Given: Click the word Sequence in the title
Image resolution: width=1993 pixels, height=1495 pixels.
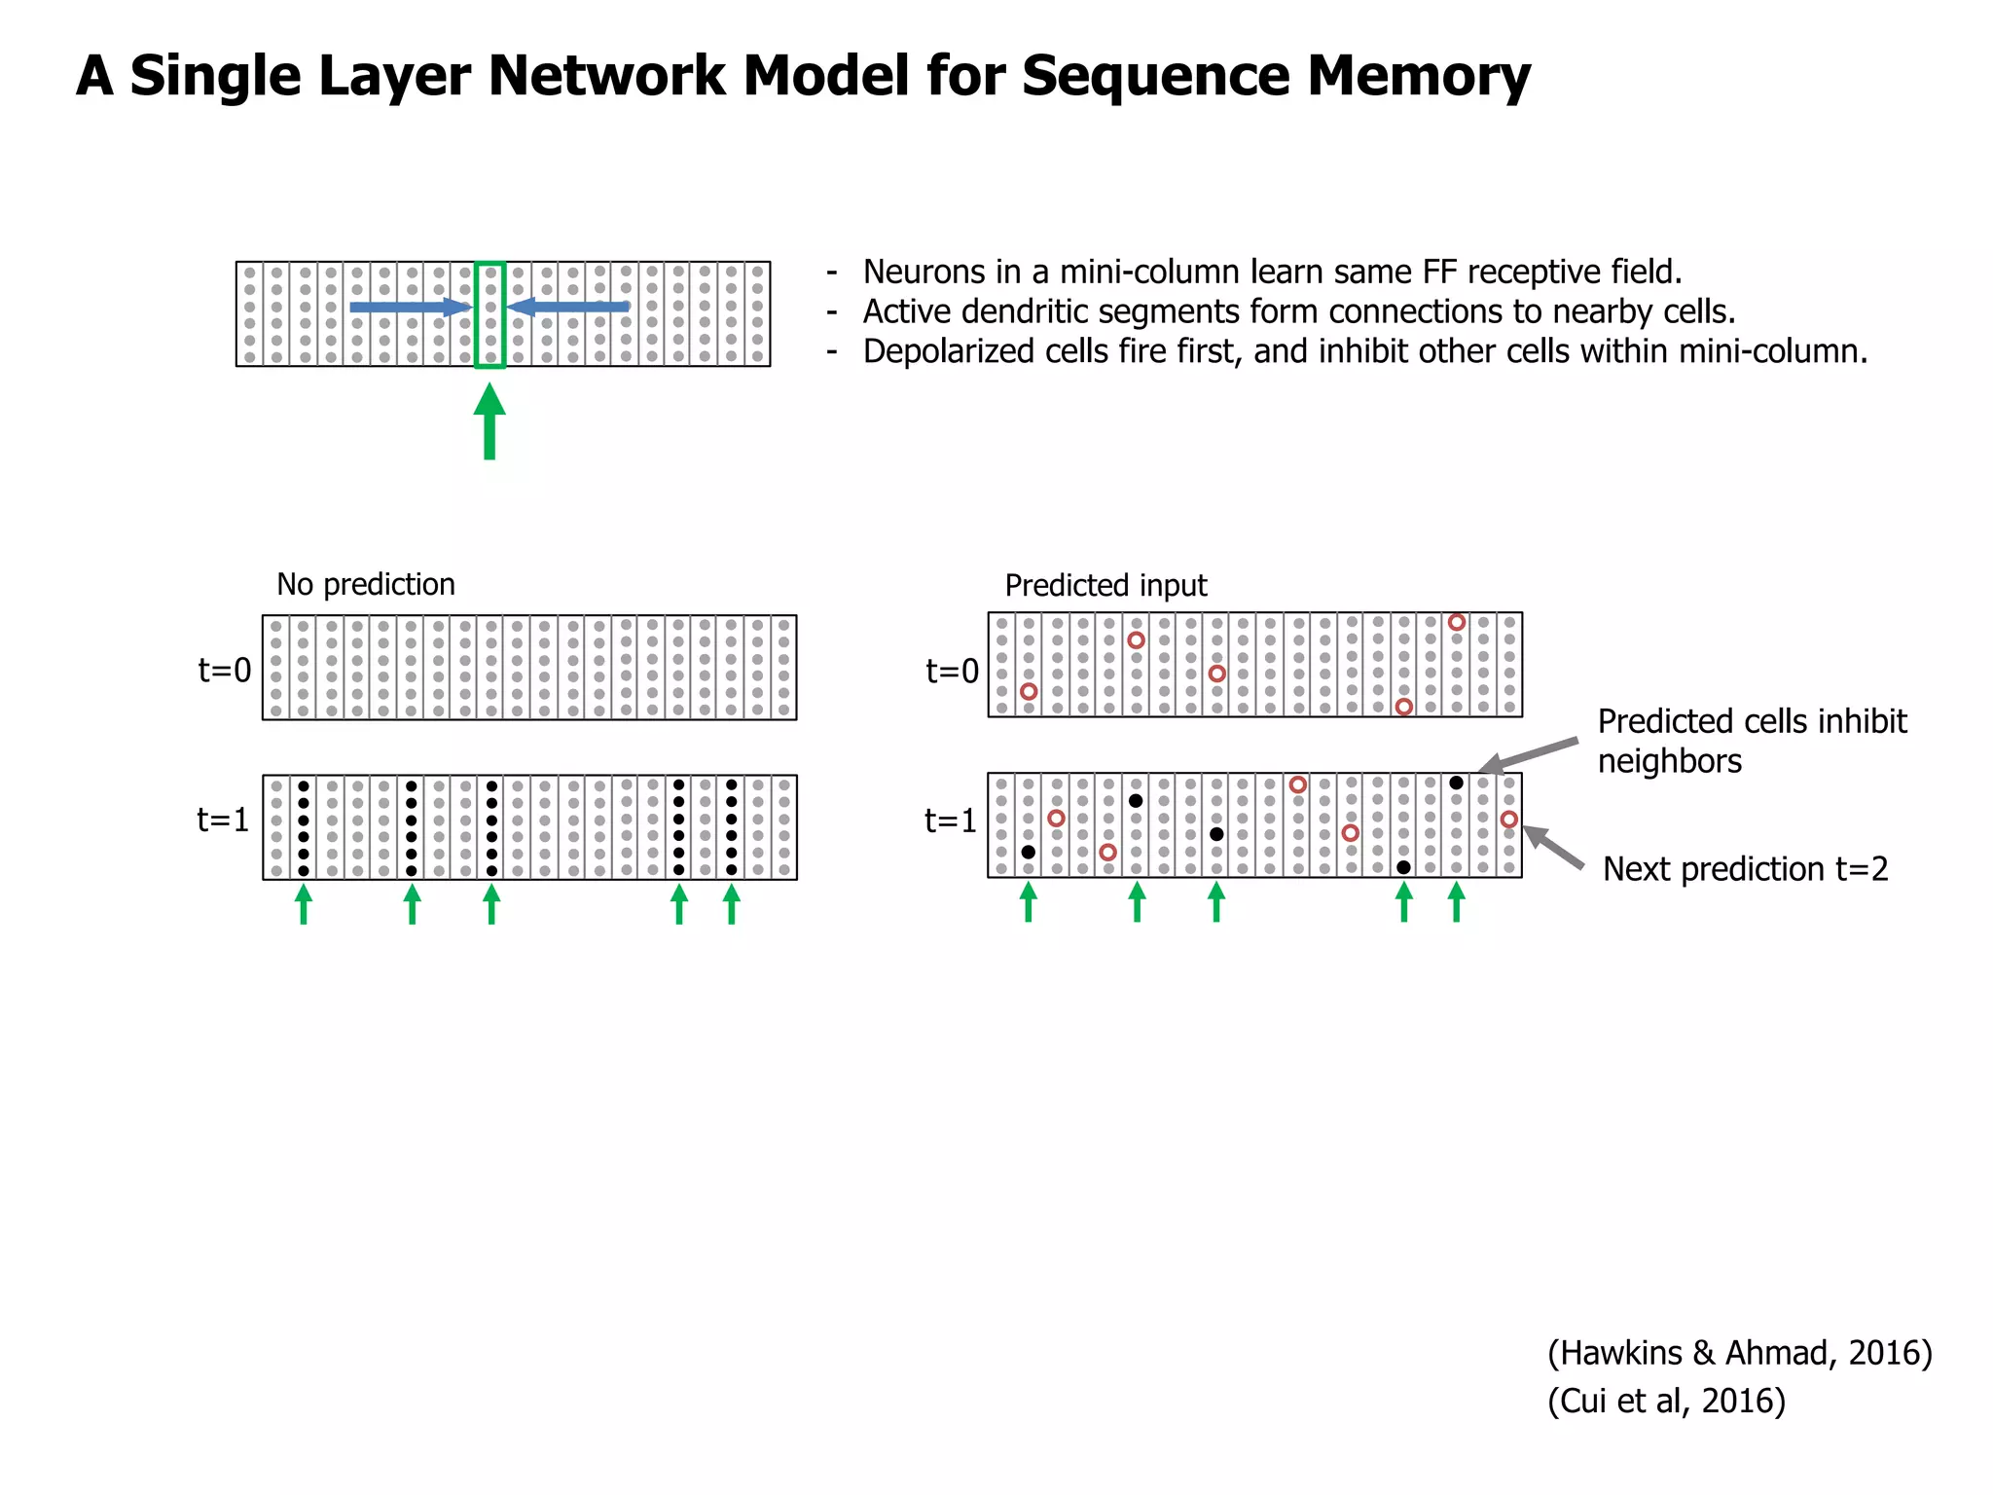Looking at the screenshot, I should point(1155,76).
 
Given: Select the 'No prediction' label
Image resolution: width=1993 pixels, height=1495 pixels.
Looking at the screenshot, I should point(366,584).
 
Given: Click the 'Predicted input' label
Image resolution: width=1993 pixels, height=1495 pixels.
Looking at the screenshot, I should point(1105,585).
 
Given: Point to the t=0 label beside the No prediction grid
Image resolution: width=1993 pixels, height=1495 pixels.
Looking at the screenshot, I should point(225,670).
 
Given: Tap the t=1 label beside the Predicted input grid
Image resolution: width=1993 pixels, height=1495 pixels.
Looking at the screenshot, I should point(951,820).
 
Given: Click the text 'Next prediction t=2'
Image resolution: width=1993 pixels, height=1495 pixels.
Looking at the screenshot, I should point(1745,868).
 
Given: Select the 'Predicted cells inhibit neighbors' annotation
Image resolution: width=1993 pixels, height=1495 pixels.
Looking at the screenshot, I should point(1752,740).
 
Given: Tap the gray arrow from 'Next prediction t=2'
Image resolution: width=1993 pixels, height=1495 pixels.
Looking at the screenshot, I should point(1553,847).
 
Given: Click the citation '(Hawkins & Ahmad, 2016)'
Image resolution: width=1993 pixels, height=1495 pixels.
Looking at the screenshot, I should point(1739,1353).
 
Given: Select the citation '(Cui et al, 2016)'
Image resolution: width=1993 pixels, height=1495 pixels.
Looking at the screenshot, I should point(1666,1401).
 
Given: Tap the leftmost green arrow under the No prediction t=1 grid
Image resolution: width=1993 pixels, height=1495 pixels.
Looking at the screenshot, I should point(304,903).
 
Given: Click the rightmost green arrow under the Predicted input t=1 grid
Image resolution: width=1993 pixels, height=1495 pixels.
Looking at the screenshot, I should point(1456,901).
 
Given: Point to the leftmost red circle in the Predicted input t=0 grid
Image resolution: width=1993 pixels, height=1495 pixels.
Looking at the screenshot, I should point(1029,691).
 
